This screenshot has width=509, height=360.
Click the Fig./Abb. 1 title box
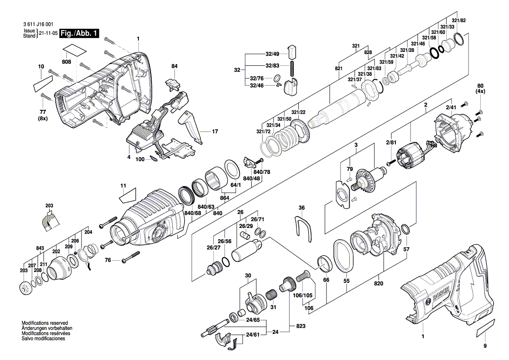pyautogui.click(x=79, y=34)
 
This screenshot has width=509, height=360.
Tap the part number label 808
pyautogui.click(x=66, y=62)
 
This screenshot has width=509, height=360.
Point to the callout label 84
pyautogui.click(x=174, y=66)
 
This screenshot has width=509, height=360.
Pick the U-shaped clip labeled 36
pyautogui.click(x=303, y=228)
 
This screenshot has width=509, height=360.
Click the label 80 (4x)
pyautogui.click(x=480, y=88)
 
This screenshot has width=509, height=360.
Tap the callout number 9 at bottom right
pyautogui.click(x=485, y=346)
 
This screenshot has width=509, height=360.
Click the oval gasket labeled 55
pyautogui.click(x=343, y=255)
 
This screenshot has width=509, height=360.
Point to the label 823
pyautogui.click(x=300, y=326)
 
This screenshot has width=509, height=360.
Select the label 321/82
pyautogui.click(x=458, y=20)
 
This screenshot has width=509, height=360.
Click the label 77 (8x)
pyautogui.click(x=43, y=115)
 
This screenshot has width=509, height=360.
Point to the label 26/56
pyautogui.click(x=225, y=241)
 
